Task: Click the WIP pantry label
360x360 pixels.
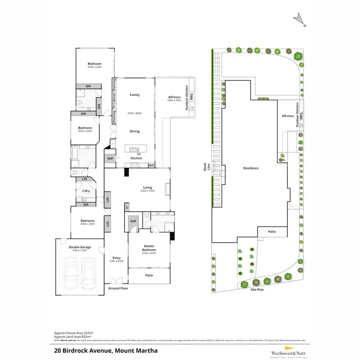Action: pos(110,158)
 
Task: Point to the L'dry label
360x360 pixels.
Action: pos(86,191)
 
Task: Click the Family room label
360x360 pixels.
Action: pos(134,95)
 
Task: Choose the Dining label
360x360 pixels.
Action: pos(134,131)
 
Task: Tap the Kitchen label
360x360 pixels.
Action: pos(136,158)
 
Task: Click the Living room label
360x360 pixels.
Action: pos(147,188)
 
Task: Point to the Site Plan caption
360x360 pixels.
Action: pos(257,289)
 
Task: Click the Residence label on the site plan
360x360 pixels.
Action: pos(251,168)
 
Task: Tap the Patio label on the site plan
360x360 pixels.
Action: pos(272,232)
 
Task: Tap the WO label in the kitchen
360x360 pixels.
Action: pos(151,165)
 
